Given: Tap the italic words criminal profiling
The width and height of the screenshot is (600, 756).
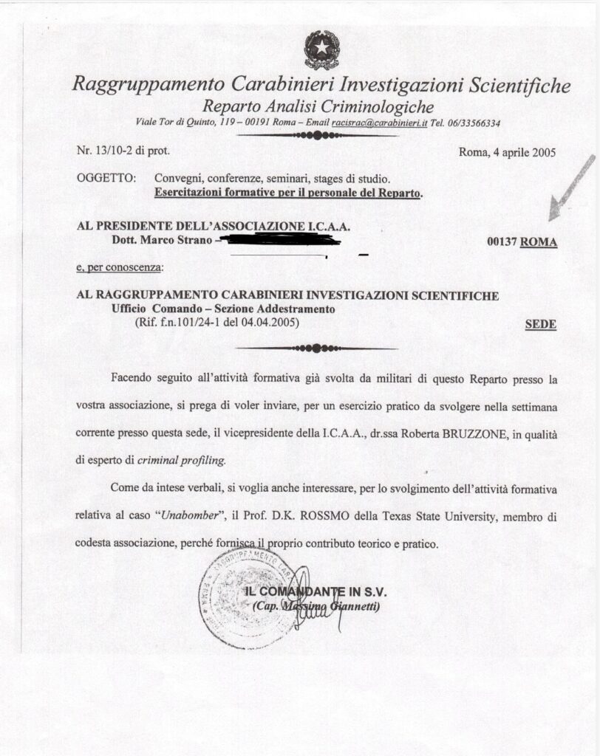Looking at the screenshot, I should [x=183, y=459].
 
